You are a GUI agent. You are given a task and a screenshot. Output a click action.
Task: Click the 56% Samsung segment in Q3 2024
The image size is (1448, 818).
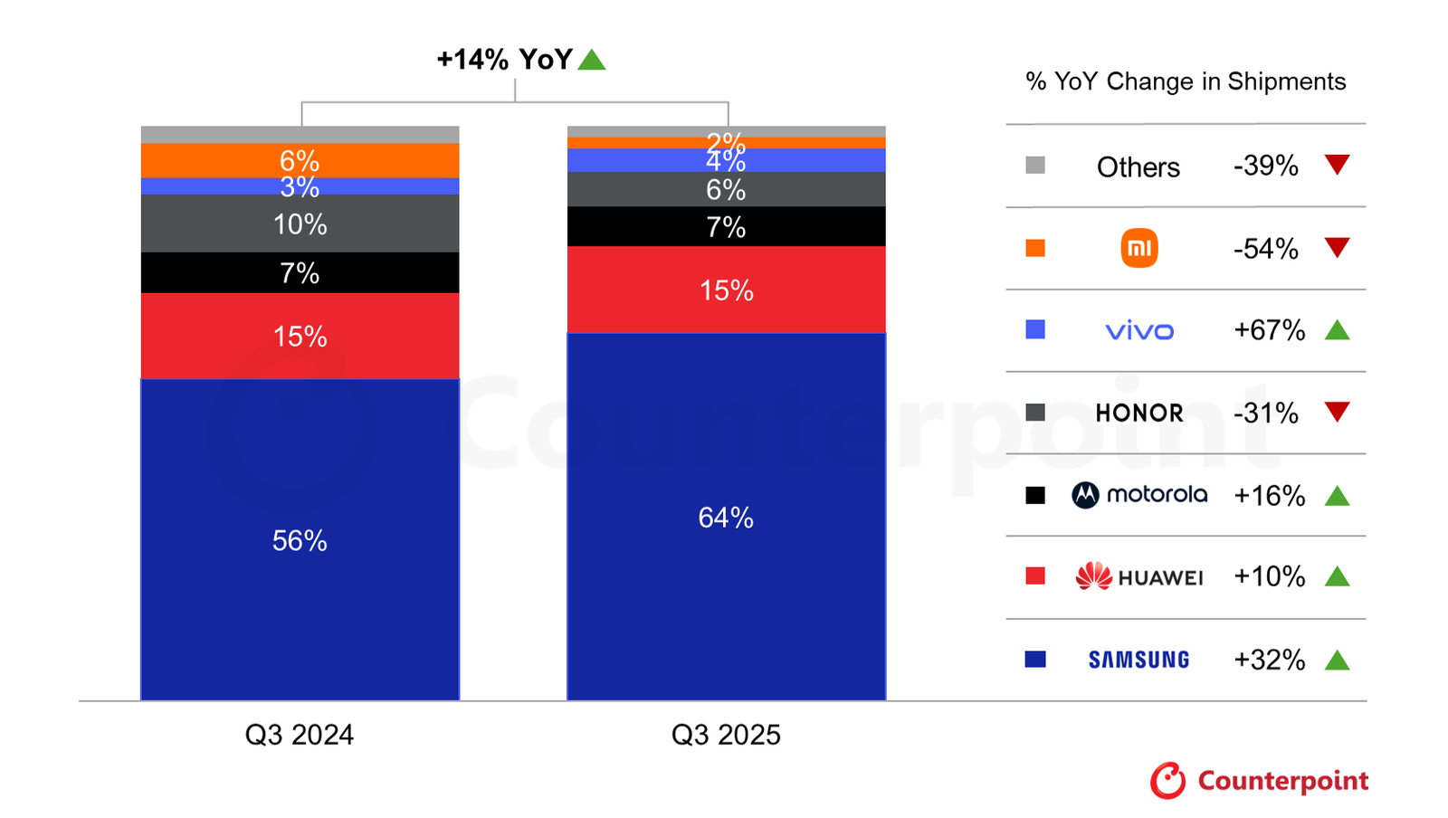(x=300, y=539)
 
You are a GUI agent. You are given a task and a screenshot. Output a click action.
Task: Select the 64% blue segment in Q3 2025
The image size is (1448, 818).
(x=726, y=517)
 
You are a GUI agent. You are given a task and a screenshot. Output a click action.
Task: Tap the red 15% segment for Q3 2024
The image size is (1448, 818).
(x=300, y=336)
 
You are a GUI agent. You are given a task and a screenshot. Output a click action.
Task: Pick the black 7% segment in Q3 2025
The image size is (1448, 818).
(x=726, y=226)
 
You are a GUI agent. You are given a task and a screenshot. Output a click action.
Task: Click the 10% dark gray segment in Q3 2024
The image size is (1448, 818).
(x=300, y=224)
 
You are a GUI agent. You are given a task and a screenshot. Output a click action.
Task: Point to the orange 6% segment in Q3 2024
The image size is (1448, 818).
(x=300, y=160)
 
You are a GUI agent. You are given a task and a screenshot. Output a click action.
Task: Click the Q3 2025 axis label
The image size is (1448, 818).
(x=726, y=735)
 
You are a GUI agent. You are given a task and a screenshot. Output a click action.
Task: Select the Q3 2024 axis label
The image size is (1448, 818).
(x=300, y=735)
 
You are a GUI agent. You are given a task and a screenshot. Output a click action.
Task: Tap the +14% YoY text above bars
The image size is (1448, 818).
(x=504, y=60)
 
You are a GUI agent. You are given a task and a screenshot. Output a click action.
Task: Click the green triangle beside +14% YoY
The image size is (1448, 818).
(x=592, y=61)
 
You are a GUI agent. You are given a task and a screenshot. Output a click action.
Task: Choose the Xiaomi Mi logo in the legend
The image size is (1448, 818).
(x=1139, y=248)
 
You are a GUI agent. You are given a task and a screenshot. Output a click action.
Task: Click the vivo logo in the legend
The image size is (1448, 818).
(x=1139, y=331)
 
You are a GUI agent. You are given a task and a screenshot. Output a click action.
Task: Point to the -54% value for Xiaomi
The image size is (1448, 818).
(x=1265, y=248)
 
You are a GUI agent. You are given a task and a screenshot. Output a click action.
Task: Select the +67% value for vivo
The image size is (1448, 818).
(x=1269, y=330)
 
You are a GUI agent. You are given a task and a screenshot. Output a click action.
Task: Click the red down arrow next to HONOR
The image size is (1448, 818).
(x=1337, y=412)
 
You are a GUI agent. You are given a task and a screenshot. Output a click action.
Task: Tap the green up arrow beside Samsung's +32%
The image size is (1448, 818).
(x=1337, y=661)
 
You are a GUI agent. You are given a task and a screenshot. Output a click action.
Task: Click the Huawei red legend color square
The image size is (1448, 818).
(x=1035, y=576)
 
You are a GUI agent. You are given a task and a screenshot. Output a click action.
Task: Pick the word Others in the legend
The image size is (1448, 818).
(x=1138, y=166)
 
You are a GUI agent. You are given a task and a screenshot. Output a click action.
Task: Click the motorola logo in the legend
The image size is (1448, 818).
(x=1139, y=495)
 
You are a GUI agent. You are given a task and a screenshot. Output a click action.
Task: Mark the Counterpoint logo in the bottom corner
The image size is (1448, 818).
(x=1259, y=780)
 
